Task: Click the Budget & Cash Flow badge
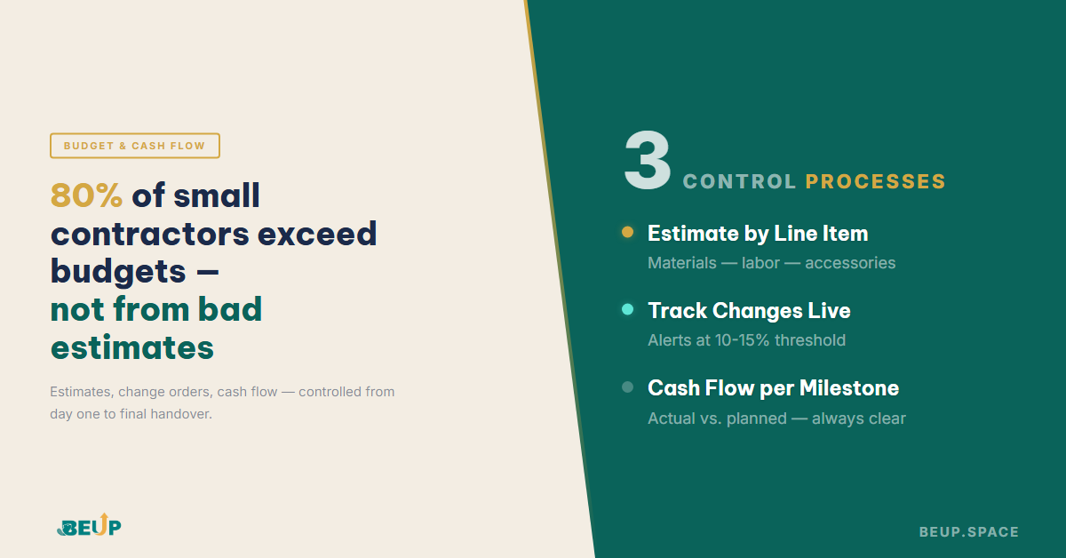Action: [134, 146]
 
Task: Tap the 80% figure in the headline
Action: [86, 195]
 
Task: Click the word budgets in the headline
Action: [118, 271]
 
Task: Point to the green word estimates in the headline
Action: [131, 347]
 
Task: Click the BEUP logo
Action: [89, 526]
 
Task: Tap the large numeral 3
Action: [647, 162]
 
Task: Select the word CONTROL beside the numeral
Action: [739, 182]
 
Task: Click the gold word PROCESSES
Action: [875, 182]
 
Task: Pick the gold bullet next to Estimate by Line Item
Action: [627, 233]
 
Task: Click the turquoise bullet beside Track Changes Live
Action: [627, 310]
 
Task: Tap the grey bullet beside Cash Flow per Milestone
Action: [627, 387]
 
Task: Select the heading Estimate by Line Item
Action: [758, 234]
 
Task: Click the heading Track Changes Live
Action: [749, 311]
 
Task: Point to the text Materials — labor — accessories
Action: [771, 263]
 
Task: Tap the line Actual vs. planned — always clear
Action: [776, 418]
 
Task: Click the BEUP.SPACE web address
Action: [968, 532]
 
